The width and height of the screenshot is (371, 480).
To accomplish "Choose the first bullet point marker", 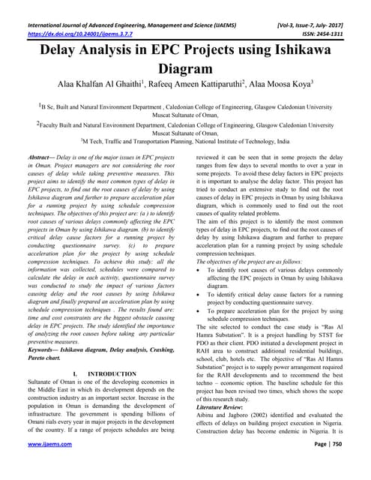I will [198, 268].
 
